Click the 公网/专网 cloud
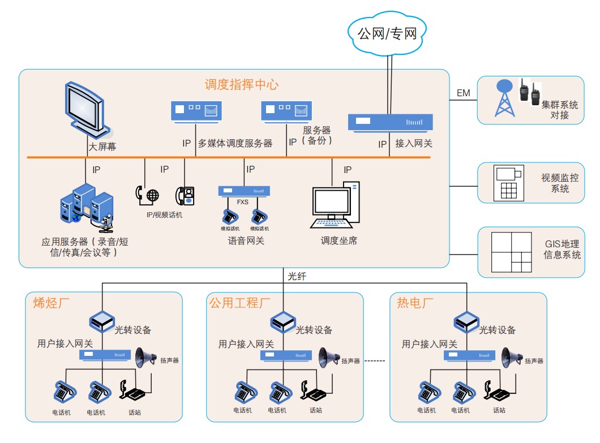click(x=387, y=33)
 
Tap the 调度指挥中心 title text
click(x=242, y=85)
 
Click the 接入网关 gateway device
click(x=390, y=122)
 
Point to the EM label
click(x=463, y=93)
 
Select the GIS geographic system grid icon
click(x=511, y=252)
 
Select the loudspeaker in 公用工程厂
click(x=329, y=356)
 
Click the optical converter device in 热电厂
click(x=466, y=323)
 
